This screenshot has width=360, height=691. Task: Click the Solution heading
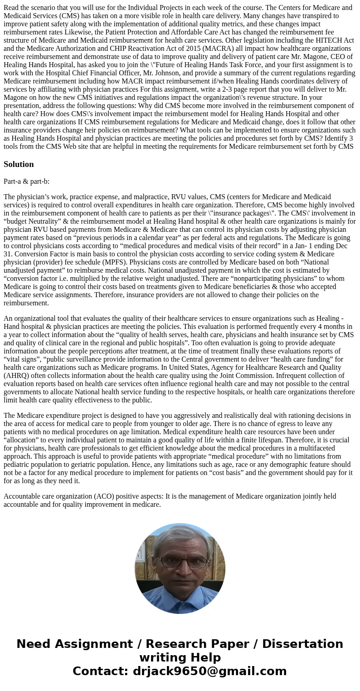pos(19,164)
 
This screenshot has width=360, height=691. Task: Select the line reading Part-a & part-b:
pos(26,181)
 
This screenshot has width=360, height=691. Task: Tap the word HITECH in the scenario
pos(319,40)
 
